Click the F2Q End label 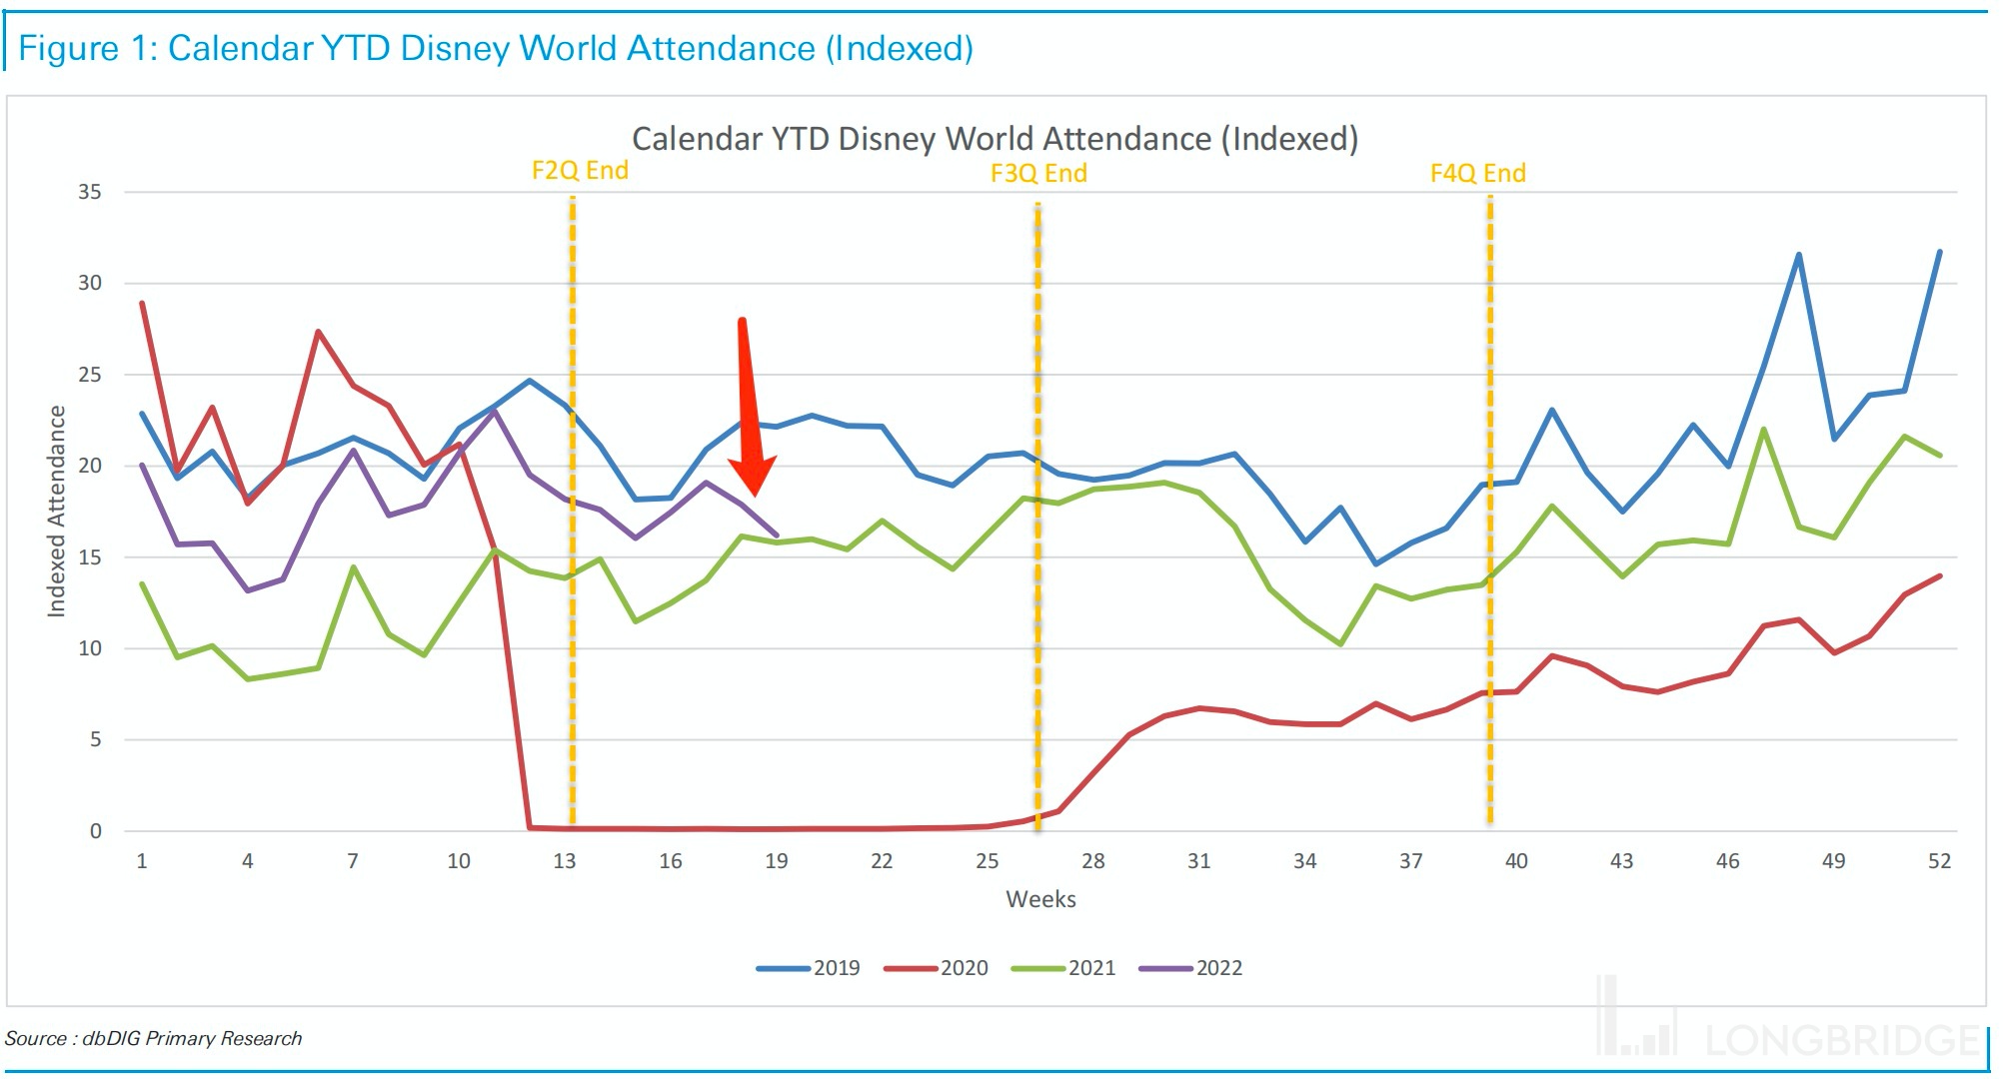pos(580,170)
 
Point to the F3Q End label pos(1038,173)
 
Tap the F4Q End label pos(1477,173)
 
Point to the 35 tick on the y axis pos(90,192)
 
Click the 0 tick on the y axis pos(96,831)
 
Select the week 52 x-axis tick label pos(1939,861)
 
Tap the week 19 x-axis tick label pos(776,861)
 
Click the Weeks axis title pos(1040,899)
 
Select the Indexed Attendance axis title pos(57,511)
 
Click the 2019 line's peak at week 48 pos(1798,255)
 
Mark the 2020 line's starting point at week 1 pos(142,303)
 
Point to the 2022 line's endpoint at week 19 pos(777,535)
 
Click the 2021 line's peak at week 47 pos(1763,430)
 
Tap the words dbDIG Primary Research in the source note pos(192,1038)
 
